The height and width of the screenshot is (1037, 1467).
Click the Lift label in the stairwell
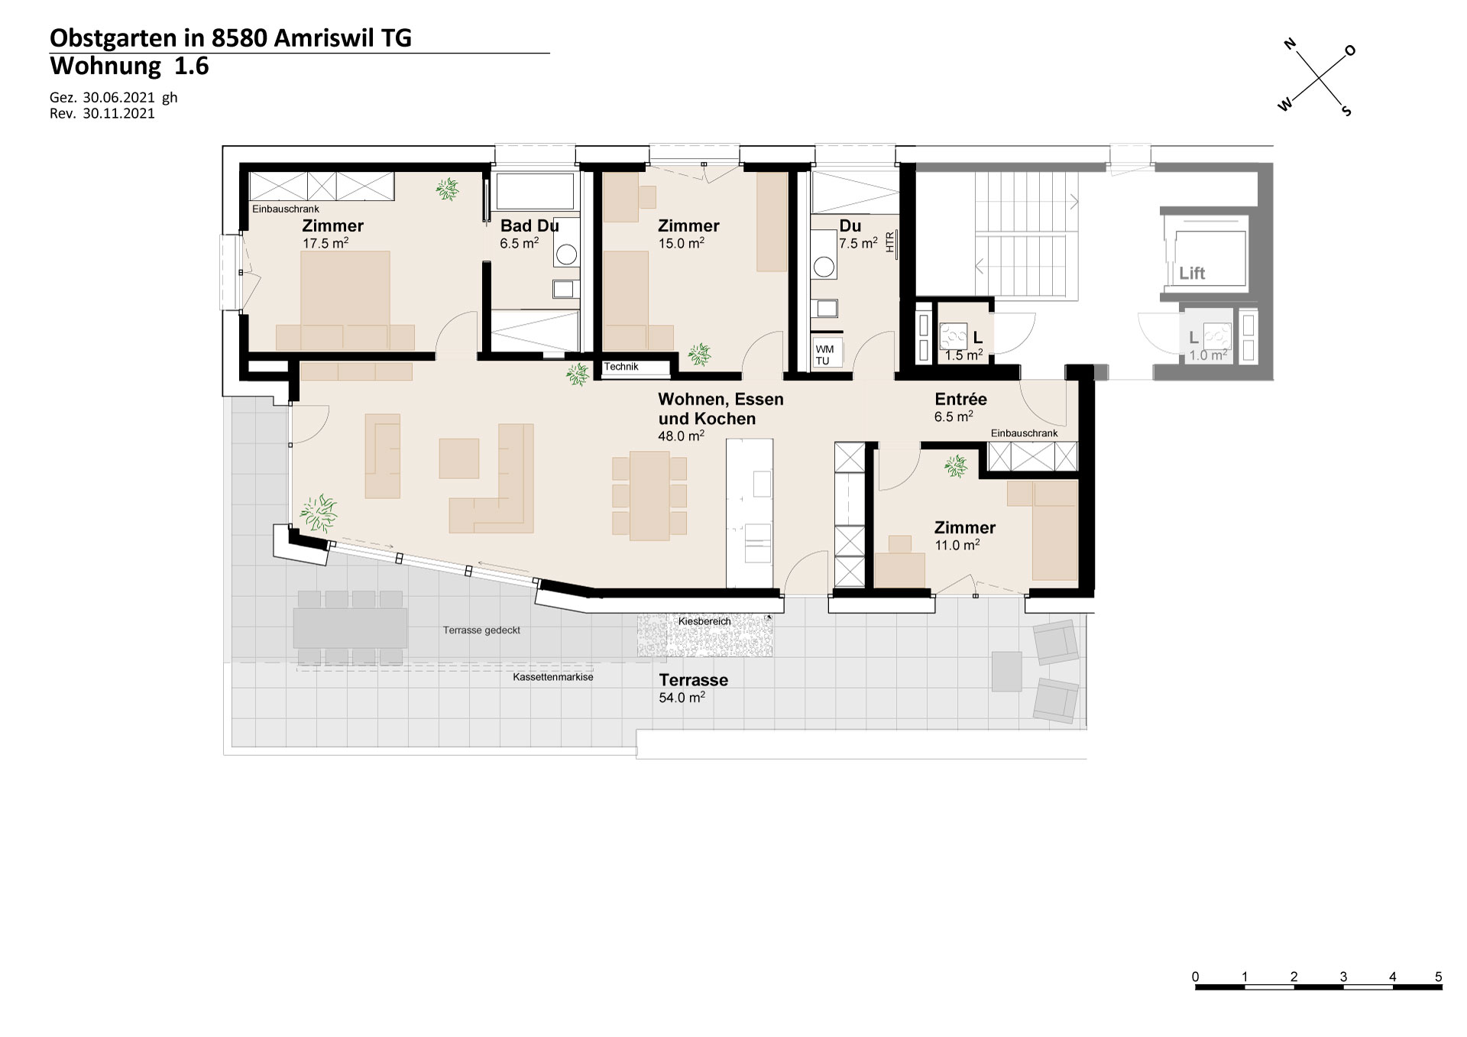click(1192, 273)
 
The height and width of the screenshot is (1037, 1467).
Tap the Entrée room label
click(960, 399)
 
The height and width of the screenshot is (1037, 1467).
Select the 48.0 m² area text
click(681, 436)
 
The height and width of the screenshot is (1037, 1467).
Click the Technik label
click(621, 367)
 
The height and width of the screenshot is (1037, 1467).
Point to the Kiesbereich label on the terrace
click(704, 621)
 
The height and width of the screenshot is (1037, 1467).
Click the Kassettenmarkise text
click(553, 677)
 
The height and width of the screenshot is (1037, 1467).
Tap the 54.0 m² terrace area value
click(682, 697)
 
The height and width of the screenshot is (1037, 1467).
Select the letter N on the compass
click(1291, 44)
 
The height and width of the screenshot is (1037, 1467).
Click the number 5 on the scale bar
click(1439, 977)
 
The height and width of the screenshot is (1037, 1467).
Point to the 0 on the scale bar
click(1196, 977)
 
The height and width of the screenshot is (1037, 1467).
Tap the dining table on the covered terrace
click(350, 627)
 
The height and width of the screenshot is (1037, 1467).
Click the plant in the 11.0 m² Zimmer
click(955, 465)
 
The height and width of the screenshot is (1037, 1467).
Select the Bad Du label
click(529, 225)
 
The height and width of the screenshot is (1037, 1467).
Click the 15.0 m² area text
click(681, 243)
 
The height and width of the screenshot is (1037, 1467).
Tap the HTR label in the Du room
click(889, 242)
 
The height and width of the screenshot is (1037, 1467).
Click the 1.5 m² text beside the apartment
click(963, 355)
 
